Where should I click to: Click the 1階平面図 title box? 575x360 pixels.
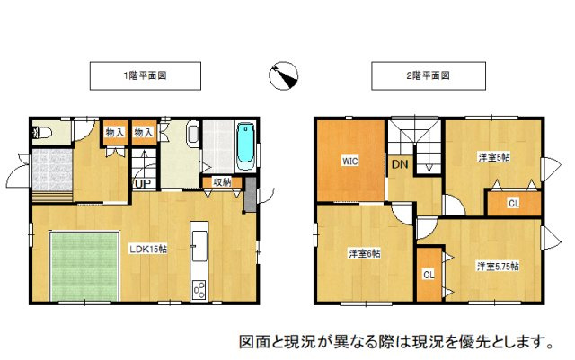click(144, 76)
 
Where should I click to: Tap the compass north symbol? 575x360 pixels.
click(285, 77)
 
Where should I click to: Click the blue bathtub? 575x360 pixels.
click(245, 145)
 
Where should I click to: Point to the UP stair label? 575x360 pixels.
click(141, 183)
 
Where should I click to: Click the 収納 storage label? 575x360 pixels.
click(222, 182)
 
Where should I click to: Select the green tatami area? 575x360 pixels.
click(84, 266)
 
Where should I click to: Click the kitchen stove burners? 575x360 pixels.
click(199, 289)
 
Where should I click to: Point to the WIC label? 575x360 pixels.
click(349, 162)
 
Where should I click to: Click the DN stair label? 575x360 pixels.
click(399, 164)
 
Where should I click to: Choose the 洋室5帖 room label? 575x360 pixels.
click(493, 157)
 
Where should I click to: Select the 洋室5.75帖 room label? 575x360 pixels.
click(497, 266)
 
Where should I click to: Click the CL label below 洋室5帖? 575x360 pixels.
click(513, 204)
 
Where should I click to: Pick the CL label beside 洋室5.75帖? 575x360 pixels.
click(428, 275)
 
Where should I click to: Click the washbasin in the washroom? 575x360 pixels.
click(193, 136)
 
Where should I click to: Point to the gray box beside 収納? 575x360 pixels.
click(249, 192)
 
